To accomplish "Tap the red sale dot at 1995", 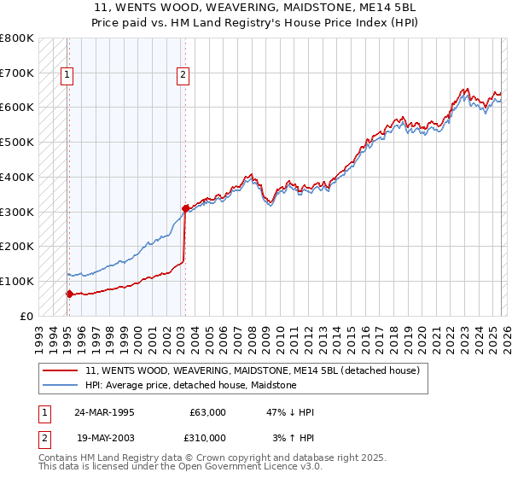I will pos(68,294).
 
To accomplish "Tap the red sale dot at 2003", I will pos(185,207).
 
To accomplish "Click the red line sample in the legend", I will pos(61,371).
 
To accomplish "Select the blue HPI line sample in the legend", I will pos(61,386).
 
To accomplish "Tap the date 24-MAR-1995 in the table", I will pos(103,412).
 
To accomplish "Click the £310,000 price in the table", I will pos(205,438).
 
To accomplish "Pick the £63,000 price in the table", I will pos(207,412).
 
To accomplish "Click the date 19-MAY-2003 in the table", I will pos(103,438).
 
